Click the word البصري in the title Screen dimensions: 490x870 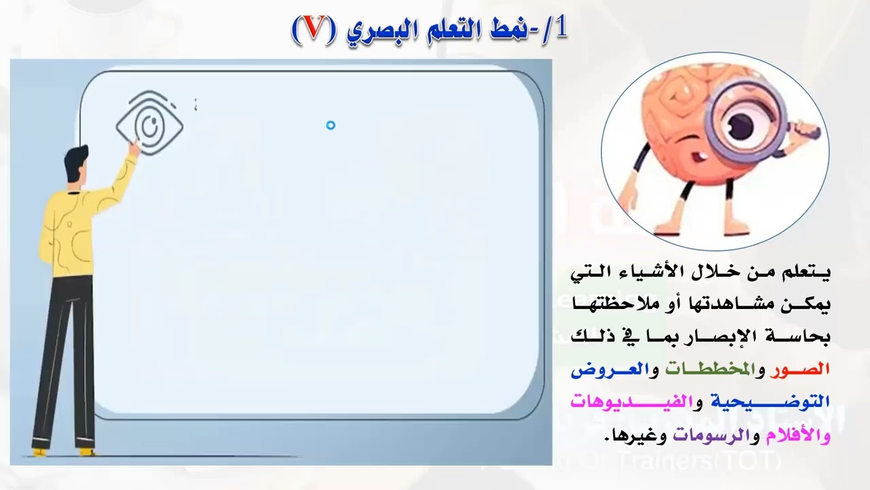(x=370, y=31)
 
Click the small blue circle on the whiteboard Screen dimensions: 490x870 (x=330, y=125)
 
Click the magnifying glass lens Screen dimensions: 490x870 (x=748, y=124)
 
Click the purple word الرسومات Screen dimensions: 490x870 (x=710, y=434)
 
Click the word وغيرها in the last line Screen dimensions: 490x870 (x=631, y=434)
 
